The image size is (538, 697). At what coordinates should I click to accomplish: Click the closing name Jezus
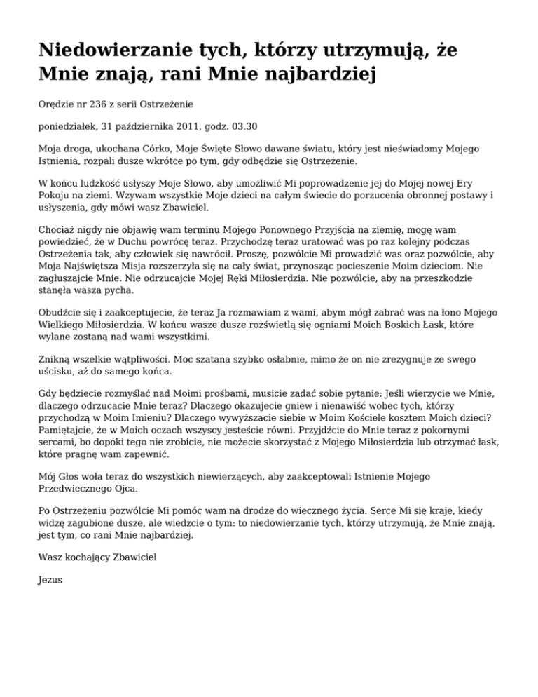pos(50,580)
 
